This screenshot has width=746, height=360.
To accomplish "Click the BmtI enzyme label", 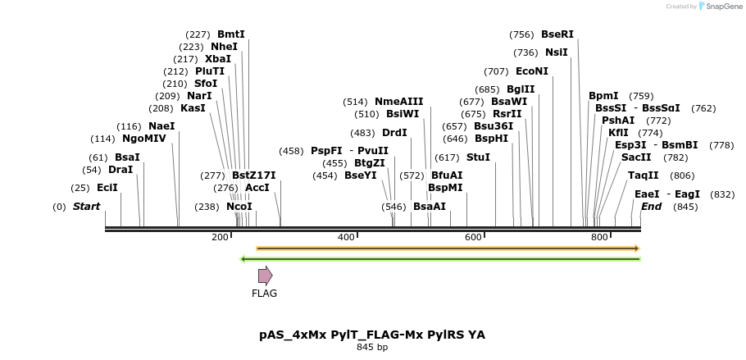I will point(230,34).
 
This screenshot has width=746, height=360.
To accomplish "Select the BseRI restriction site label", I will point(557,34).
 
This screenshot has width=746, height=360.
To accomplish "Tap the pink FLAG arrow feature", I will point(265,276).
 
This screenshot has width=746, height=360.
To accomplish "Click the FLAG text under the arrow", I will point(264,294).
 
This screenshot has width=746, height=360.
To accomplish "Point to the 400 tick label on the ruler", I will point(346,237).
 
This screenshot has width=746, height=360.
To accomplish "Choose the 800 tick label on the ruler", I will point(599,237).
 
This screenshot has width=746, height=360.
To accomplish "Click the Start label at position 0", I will point(86,207).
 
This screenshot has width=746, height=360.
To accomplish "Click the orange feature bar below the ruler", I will point(448,248).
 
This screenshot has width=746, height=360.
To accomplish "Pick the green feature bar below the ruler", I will point(439,259).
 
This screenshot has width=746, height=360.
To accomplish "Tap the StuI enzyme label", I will point(478,157).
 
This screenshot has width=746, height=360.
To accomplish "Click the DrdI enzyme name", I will point(394,133).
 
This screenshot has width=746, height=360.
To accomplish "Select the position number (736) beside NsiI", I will point(525,52).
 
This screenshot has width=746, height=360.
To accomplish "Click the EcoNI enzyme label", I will point(532,71).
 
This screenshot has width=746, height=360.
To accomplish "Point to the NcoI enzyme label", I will point(239,207).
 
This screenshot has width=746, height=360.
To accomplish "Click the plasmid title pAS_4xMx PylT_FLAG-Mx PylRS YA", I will point(372,335).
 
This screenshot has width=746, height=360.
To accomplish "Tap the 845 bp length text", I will point(372,348).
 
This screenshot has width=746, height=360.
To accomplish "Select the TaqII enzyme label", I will point(643,175).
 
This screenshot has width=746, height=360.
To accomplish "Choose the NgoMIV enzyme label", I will point(144,139).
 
